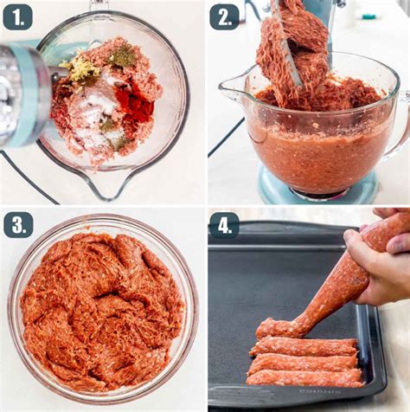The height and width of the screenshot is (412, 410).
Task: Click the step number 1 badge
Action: [x=17, y=16]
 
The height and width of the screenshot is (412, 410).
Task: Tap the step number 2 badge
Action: [x=224, y=16]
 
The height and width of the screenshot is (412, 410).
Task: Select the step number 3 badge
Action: [x=17, y=225]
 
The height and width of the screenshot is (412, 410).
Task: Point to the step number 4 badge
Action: [x=224, y=225]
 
